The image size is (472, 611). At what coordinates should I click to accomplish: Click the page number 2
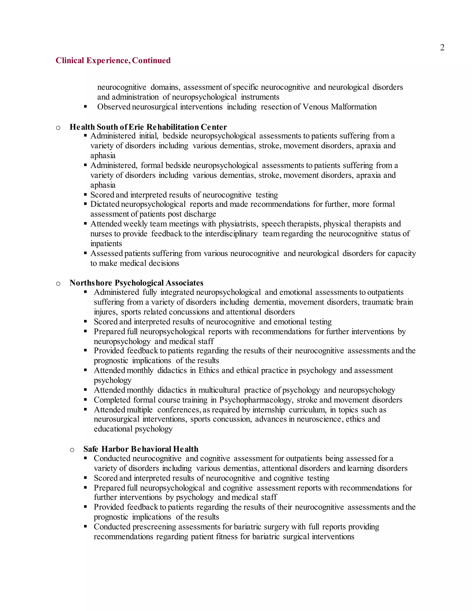(442, 47)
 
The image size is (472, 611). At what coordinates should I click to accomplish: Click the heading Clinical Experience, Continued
(113, 60)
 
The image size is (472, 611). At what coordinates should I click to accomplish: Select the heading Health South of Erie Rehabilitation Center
(148, 127)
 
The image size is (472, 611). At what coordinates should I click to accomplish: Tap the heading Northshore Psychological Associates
(136, 283)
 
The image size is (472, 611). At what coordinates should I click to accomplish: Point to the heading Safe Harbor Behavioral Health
(141, 449)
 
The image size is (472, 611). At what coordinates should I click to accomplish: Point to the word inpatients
(106, 244)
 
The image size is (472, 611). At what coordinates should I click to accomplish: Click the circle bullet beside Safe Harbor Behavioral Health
(72, 450)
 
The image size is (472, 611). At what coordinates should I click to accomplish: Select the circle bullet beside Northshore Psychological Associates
(58, 283)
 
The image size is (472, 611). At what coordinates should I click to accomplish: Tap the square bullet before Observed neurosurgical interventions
(85, 107)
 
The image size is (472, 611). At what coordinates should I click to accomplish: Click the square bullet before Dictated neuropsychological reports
(85, 204)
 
